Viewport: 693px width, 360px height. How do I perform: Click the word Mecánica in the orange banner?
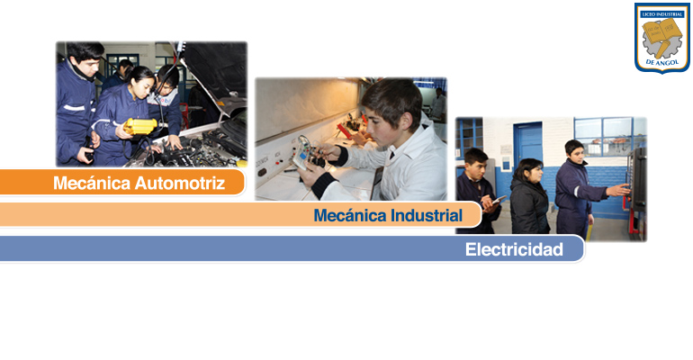92,183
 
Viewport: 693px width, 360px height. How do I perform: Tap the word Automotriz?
180,183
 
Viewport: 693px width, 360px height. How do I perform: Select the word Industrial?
427,216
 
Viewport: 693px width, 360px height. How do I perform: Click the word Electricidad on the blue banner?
514,249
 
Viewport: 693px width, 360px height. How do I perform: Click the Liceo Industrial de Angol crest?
662,38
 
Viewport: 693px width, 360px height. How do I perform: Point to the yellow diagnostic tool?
140,126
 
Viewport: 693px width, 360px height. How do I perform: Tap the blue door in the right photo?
527,146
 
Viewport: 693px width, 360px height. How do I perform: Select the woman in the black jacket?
529,196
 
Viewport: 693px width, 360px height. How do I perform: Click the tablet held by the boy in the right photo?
499,200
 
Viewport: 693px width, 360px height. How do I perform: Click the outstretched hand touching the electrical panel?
620,190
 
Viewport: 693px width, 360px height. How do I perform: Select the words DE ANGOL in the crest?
662,62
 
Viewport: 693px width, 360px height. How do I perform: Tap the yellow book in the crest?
661,31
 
